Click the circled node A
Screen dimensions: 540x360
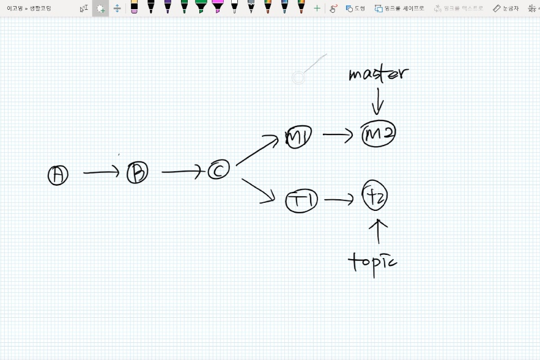(x=58, y=175)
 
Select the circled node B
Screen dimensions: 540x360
(x=138, y=173)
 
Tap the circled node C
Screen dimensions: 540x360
(x=218, y=170)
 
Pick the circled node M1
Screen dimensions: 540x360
(x=298, y=138)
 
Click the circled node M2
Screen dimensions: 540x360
(x=379, y=134)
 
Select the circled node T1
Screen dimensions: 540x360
(x=302, y=201)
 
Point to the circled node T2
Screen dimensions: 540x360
(x=375, y=196)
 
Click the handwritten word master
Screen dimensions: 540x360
(x=377, y=74)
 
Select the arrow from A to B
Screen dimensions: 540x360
(x=102, y=173)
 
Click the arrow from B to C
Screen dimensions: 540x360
(x=182, y=172)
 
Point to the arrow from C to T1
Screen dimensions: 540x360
(x=258, y=190)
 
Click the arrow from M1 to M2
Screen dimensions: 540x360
(x=338, y=134)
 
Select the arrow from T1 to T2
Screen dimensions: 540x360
(x=339, y=199)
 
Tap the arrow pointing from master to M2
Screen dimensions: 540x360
(x=378, y=101)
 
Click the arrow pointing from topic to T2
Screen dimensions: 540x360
(x=379, y=232)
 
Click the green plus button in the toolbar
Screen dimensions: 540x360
(x=317, y=8)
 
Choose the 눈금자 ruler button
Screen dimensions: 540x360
(x=506, y=8)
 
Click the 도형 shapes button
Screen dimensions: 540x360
(x=355, y=8)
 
